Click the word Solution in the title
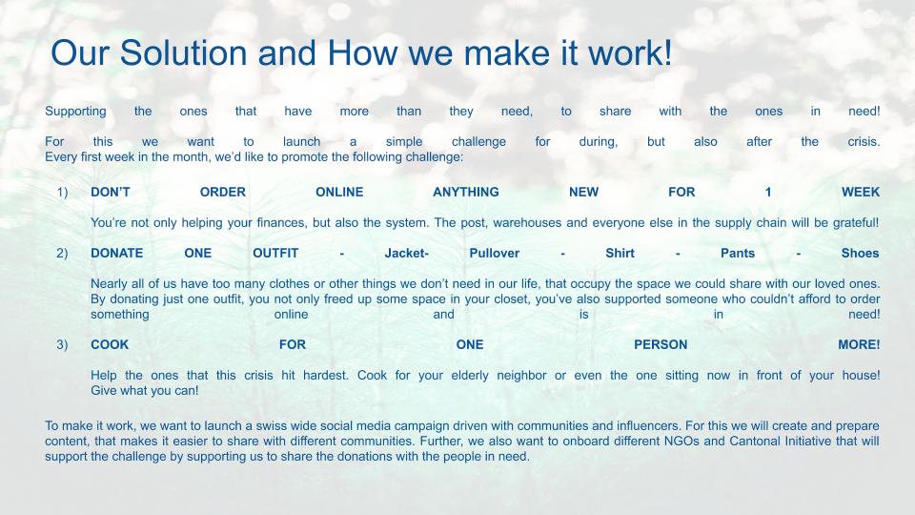183,52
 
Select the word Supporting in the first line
76,112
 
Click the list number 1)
63,192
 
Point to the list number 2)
63,254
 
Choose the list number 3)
63,345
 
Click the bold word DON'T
111,192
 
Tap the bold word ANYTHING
466,192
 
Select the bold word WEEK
860,192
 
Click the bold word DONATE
116,254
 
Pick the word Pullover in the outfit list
495,254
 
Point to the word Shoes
860,254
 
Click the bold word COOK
110,345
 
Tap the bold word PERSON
661,345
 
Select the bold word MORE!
859,345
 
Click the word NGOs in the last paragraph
681,442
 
